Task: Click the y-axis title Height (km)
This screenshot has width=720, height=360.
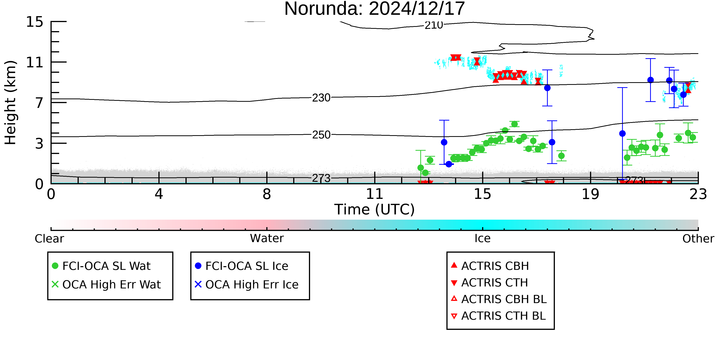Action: click(11, 103)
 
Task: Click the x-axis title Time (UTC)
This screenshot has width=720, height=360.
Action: click(375, 209)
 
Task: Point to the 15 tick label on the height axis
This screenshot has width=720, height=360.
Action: click(35, 22)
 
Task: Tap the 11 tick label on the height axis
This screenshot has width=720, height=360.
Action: click(35, 62)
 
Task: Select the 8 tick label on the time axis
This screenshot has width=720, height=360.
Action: click(267, 194)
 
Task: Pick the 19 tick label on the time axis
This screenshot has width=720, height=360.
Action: click(590, 194)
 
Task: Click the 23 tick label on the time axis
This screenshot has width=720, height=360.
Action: click(698, 194)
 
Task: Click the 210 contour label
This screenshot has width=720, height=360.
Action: click(434, 25)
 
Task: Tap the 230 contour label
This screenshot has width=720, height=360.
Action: click(321, 98)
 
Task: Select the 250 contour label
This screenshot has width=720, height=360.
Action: click(321, 135)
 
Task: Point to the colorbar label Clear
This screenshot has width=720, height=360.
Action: click(49, 239)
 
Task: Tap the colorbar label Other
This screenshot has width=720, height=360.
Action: click(698, 239)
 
